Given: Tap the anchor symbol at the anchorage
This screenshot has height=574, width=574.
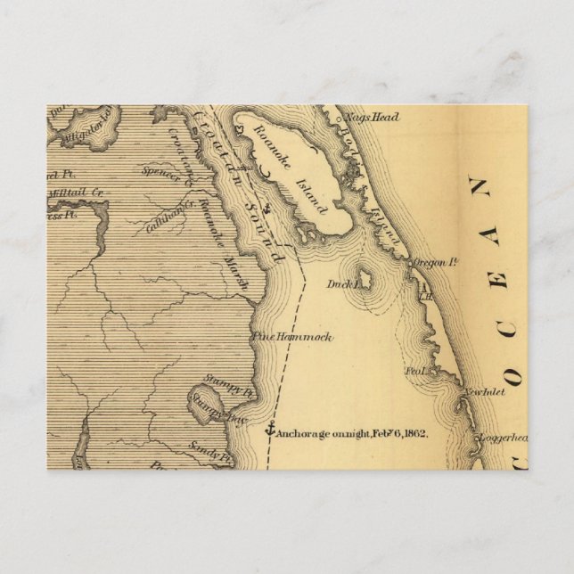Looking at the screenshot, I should point(269,430).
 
